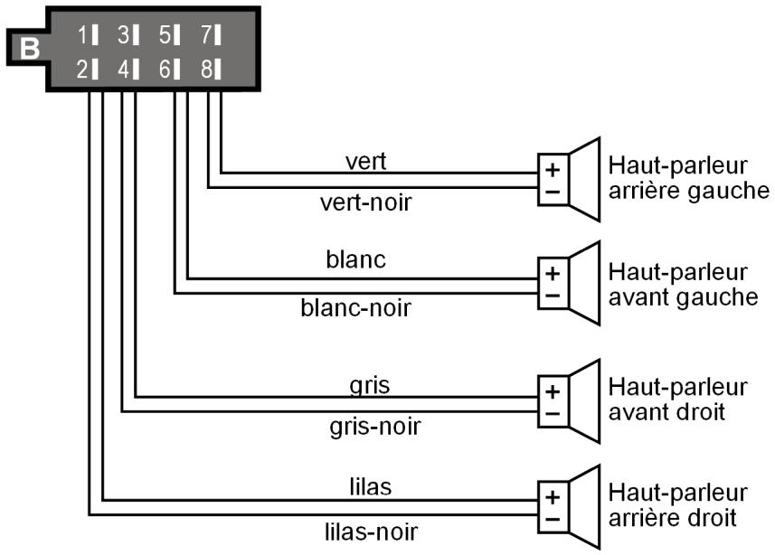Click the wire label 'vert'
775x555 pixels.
click(x=365, y=161)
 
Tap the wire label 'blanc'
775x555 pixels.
click(x=355, y=260)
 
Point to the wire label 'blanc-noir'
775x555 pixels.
click(x=355, y=308)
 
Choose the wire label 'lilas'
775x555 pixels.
click(x=369, y=486)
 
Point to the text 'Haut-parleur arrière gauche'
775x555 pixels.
click(x=688, y=179)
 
